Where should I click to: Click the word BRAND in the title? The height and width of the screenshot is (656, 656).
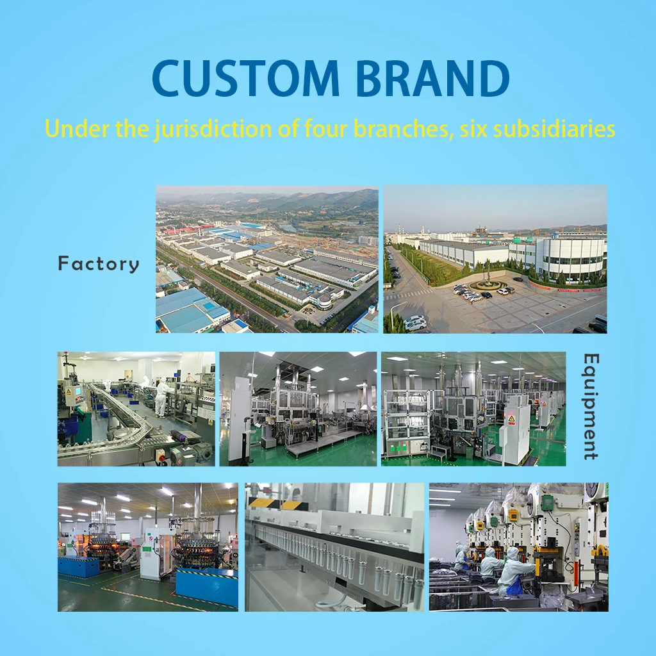(x=433, y=78)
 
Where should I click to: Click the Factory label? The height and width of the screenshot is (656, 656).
(x=99, y=264)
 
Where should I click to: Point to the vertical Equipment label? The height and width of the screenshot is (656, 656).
(x=590, y=406)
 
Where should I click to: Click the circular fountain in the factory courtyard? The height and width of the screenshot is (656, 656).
(x=488, y=284)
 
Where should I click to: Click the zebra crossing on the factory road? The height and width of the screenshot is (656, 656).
(x=416, y=294)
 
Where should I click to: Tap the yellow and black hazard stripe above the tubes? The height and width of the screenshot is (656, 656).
(x=270, y=504)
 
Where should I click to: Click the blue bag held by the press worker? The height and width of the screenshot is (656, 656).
(x=514, y=586)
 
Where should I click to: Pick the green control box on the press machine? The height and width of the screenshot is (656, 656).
(x=547, y=503)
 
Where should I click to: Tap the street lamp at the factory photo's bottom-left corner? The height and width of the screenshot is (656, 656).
(x=391, y=314)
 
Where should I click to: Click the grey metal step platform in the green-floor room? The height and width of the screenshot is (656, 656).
(x=324, y=443)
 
